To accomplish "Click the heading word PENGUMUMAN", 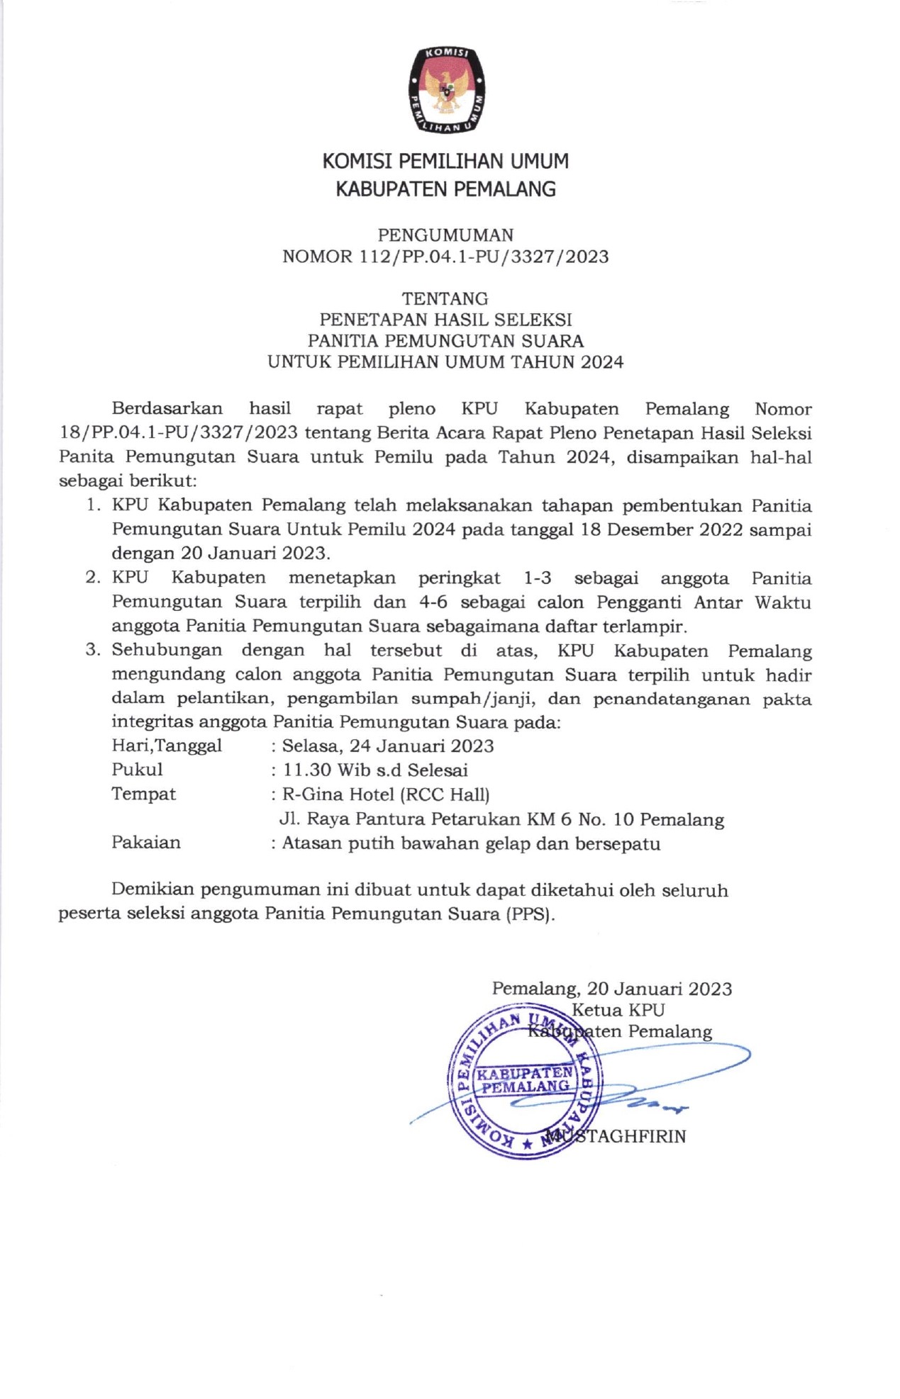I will (x=445, y=235).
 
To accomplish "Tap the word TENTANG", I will (x=445, y=298).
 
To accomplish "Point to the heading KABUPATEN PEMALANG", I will (x=445, y=189).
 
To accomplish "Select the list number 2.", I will (x=92, y=578).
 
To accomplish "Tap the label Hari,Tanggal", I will (x=167, y=746).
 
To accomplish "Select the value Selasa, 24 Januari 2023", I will (x=388, y=746).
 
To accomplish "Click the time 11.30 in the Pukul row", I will (x=307, y=770).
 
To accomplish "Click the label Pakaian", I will (x=146, y=843).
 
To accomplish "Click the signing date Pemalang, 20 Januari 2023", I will (x=612, y=989).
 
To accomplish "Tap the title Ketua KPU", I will (x=618, y=1010).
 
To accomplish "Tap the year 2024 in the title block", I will (x=602, y=362).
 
